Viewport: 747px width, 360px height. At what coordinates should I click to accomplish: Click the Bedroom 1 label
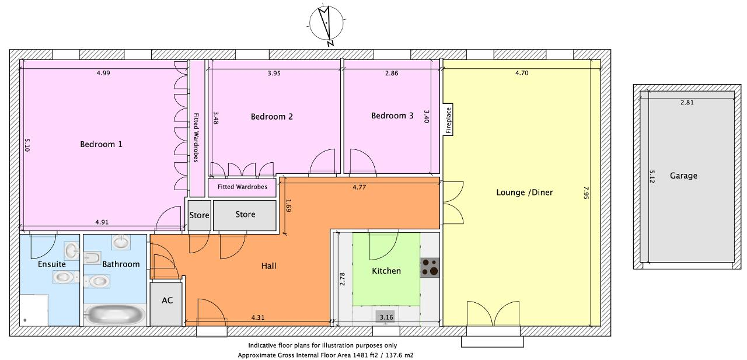click(x=101, y=144)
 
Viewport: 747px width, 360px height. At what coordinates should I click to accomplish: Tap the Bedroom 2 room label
click(x=272, y=117)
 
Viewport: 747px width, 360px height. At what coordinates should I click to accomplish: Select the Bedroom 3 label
click(x=392, y=116)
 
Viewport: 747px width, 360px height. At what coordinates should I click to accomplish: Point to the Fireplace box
click(x=448, y=120)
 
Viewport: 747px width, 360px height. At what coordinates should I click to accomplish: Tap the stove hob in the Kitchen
click(x=430, y=268)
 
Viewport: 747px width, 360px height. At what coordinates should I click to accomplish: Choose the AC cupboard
click(x=166, y=304)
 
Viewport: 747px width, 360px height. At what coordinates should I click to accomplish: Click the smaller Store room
click(x=200, y=215)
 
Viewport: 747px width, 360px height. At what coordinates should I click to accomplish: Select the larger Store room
click(x=245, y=215)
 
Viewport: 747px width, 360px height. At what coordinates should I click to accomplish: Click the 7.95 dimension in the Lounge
click(x=586, y=193)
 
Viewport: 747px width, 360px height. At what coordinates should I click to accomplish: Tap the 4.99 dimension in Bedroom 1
click(x=103, y=73)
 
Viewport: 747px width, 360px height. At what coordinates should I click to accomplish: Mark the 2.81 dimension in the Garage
click(x=687, y=103)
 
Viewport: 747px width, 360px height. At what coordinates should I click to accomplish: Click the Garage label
click(x=683, y=176)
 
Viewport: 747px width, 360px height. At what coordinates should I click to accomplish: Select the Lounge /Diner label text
click(x=525, y=193)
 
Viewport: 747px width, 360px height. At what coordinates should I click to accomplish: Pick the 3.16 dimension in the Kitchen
click(x=386, y=317)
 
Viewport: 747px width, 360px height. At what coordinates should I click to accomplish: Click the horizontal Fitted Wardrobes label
click(x=242, y=187)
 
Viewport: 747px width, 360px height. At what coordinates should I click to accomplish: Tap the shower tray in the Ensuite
click(x=34, y=310)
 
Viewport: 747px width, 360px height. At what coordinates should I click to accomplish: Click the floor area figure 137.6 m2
click(x=400, y=355)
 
